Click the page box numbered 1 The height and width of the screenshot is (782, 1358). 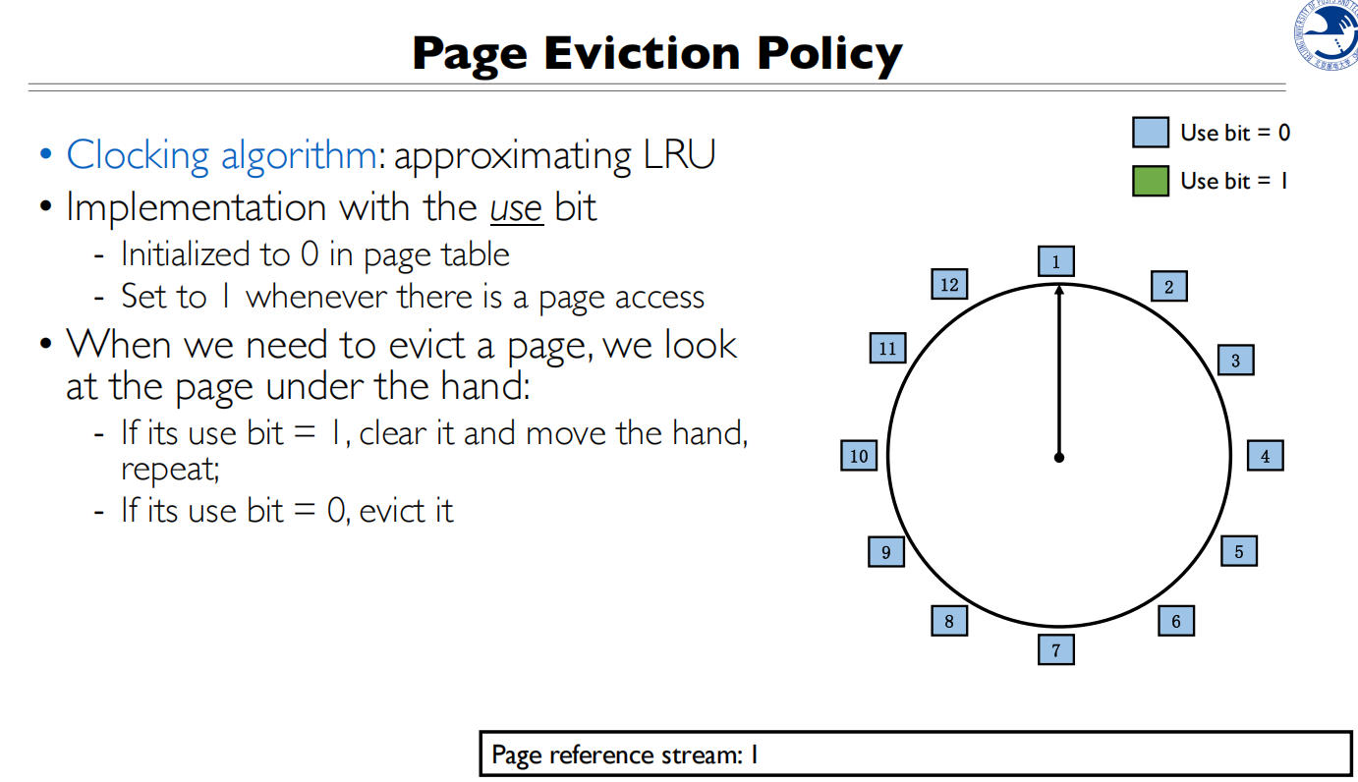click(x=1056, y=261)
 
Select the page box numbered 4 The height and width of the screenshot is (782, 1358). click(x=1266, y=456)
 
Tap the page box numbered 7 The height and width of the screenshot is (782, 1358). click(x=1056, y=649)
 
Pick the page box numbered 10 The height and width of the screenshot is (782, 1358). click(x=859, y=456)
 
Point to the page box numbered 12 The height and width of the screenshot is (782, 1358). click(x=949, y=284)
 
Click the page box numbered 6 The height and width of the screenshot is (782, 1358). click(x=1176, y=621)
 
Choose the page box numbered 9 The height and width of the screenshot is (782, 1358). click(x=886, y=552)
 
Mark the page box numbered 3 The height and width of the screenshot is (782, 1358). click(x=1236, y=361)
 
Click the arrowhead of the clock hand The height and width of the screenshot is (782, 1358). click(x=1059, y=290)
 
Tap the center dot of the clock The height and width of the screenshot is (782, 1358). click(x=1059, y=457)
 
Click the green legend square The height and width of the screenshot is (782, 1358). click(x=1151, y=181)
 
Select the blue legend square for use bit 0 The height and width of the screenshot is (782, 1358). click(x=1151, y=133)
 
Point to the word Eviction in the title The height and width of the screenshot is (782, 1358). click(x=642, y=53)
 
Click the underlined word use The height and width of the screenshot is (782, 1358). click(x=516, y=209)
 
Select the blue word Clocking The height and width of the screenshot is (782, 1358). click(x=138, y=156)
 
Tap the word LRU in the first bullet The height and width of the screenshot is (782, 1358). click(x=679, y=154)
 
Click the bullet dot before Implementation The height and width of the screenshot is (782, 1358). click(x=45, y=206)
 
